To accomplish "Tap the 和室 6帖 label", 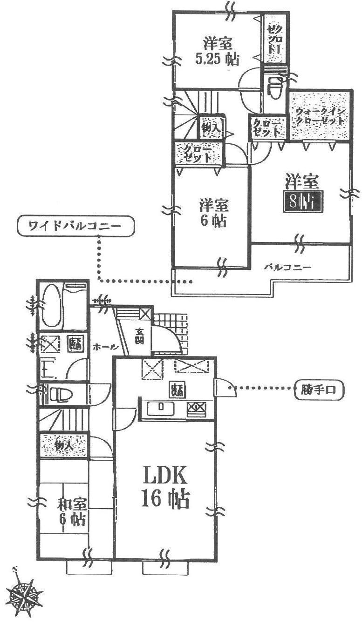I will point(71,512).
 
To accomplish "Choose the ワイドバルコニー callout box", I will point(75,227).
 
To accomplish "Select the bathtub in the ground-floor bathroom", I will point(49,306).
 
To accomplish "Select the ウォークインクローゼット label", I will point(320,115).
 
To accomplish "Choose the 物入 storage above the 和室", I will point(64,446).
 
